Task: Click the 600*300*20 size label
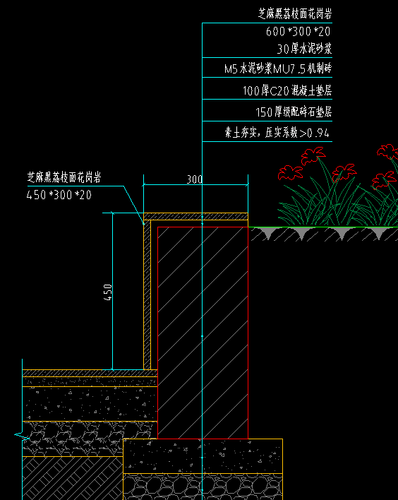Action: click(x=298, y=31)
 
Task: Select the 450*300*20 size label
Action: click(x=59, y=194)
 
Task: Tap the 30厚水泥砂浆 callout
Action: click(x=304, y=49)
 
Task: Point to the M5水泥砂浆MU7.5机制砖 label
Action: click(x=278, y=69)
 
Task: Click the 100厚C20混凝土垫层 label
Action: click(x=287, y=90)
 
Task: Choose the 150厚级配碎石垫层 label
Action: click(x=294, y=112)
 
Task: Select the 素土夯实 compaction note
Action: click(x=277, y=132)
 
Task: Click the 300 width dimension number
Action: click(x=194, y=179)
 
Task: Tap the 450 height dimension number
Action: click(x=109, y=292)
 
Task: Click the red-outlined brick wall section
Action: click(x=203, y=333)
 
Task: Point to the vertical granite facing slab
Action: click(x=147, y=294)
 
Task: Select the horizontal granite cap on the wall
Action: click(x=195, y=216)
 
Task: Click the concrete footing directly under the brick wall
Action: click(x=203, y=456)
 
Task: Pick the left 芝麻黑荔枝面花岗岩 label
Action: click(x=64, y=177)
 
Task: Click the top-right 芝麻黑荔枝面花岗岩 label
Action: click(x=295, y=13)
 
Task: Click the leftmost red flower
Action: click(x=290, y=172)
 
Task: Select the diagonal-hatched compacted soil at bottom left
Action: click(x=73, y=478)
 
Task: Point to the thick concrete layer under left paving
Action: click(x=90, y=404)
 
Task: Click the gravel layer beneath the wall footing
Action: click(x=203, y=487)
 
